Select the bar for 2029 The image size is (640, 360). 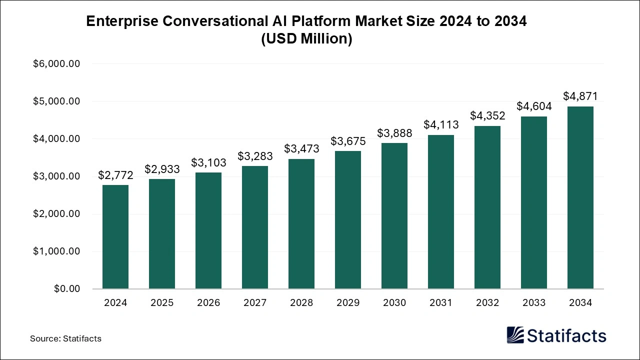click(x=348, y=219)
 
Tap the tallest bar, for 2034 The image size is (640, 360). click(x=580, y=197)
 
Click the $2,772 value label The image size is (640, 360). click(x=115, y=175)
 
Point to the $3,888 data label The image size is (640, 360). click(x=394, y=133)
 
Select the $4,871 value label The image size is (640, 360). click(x=580, y=96)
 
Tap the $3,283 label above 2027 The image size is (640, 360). click(x=255, y=156)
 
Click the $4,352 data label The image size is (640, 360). click(x=487, y=115)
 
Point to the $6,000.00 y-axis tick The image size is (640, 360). click(x=56, y=64)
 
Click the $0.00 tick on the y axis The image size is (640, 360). click(x=66, y=289)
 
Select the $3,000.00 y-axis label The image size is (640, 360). click(x=56, y=176)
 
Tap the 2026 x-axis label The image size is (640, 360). click(x=208, y=303)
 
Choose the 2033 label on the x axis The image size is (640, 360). click(x=534, y=303)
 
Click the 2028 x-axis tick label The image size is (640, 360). click(x=301, y=303)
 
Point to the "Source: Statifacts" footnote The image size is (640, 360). click(x=65, y=338)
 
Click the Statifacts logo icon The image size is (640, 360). click(x=515, y=335)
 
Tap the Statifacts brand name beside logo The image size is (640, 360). click(x=566, y=335)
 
